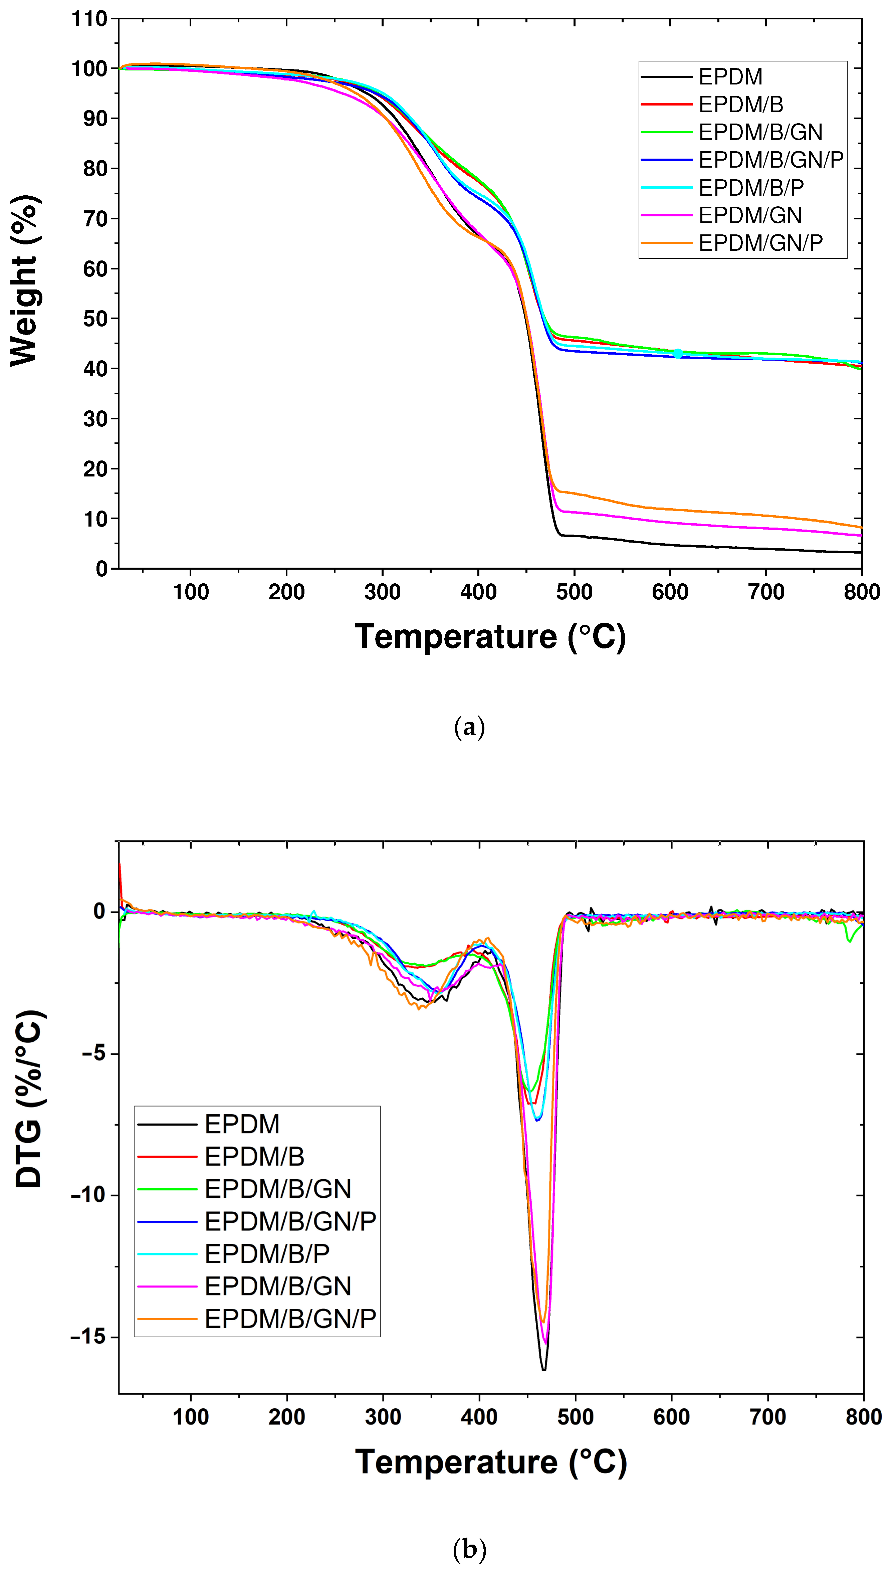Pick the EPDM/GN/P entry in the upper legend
pyautogui.click(x=760, y=243)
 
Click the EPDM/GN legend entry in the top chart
pyautogui.click(x=750, y=215)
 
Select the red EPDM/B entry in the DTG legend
pyautogui.click(x=254, y=1157)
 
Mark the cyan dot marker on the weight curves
pyautogui.click(x=678, y=354)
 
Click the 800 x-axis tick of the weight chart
pyautogui.click(x=862, y=592)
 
